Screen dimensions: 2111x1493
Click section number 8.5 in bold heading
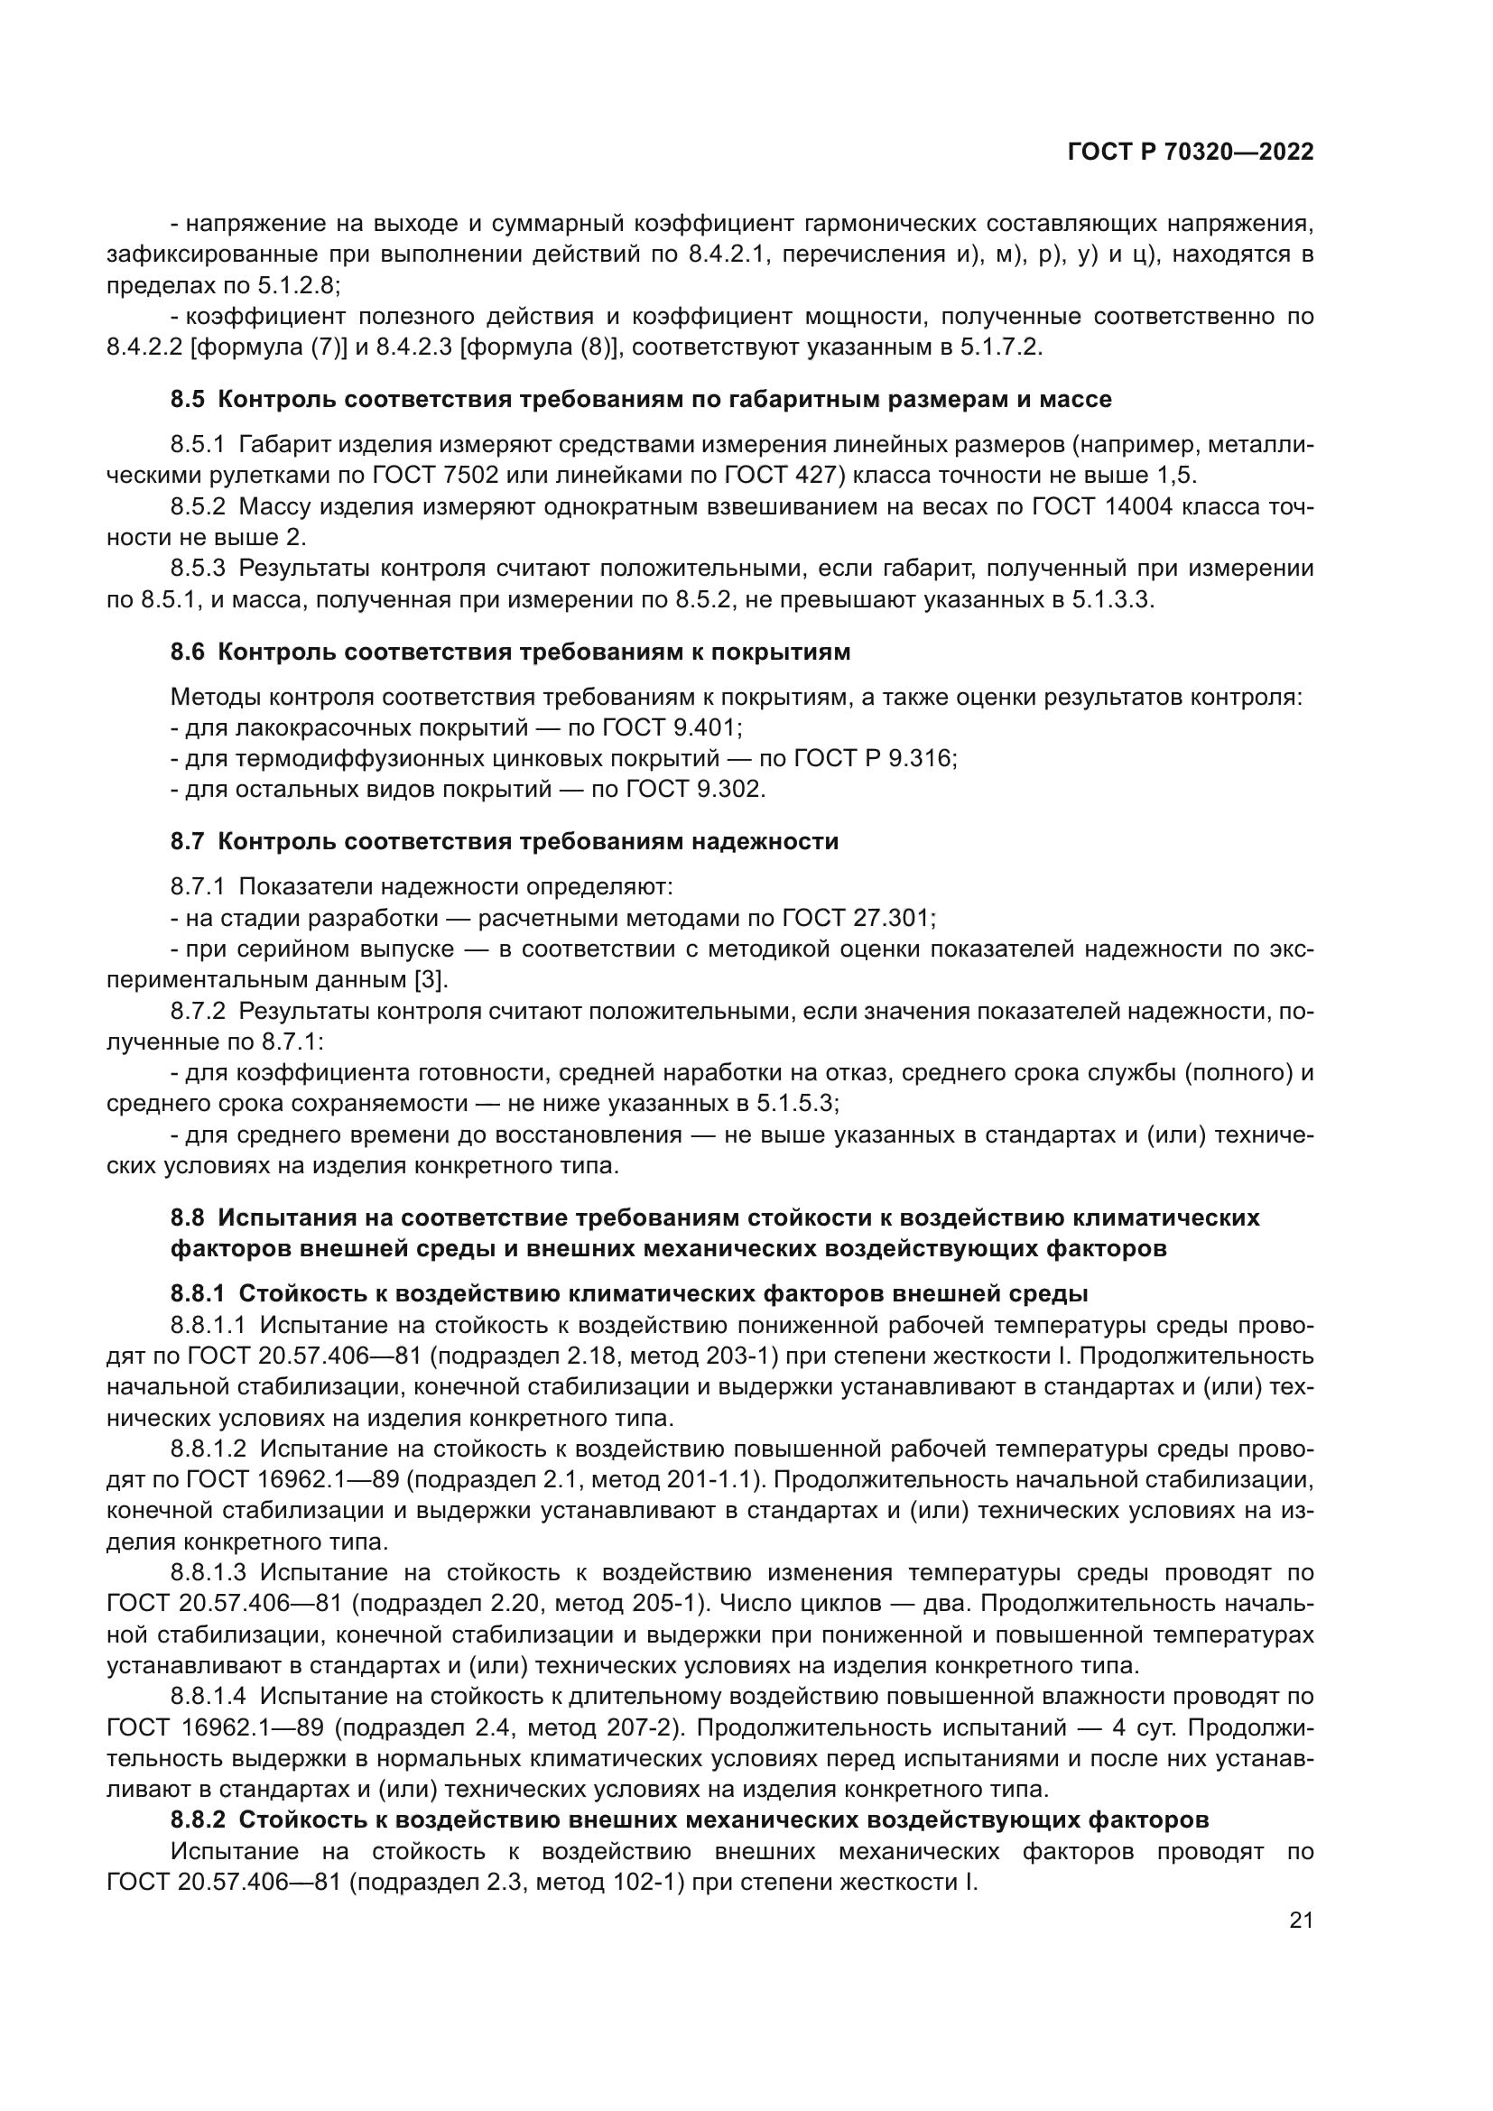pos(189,399)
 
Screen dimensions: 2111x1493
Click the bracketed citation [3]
pos(430,979)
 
